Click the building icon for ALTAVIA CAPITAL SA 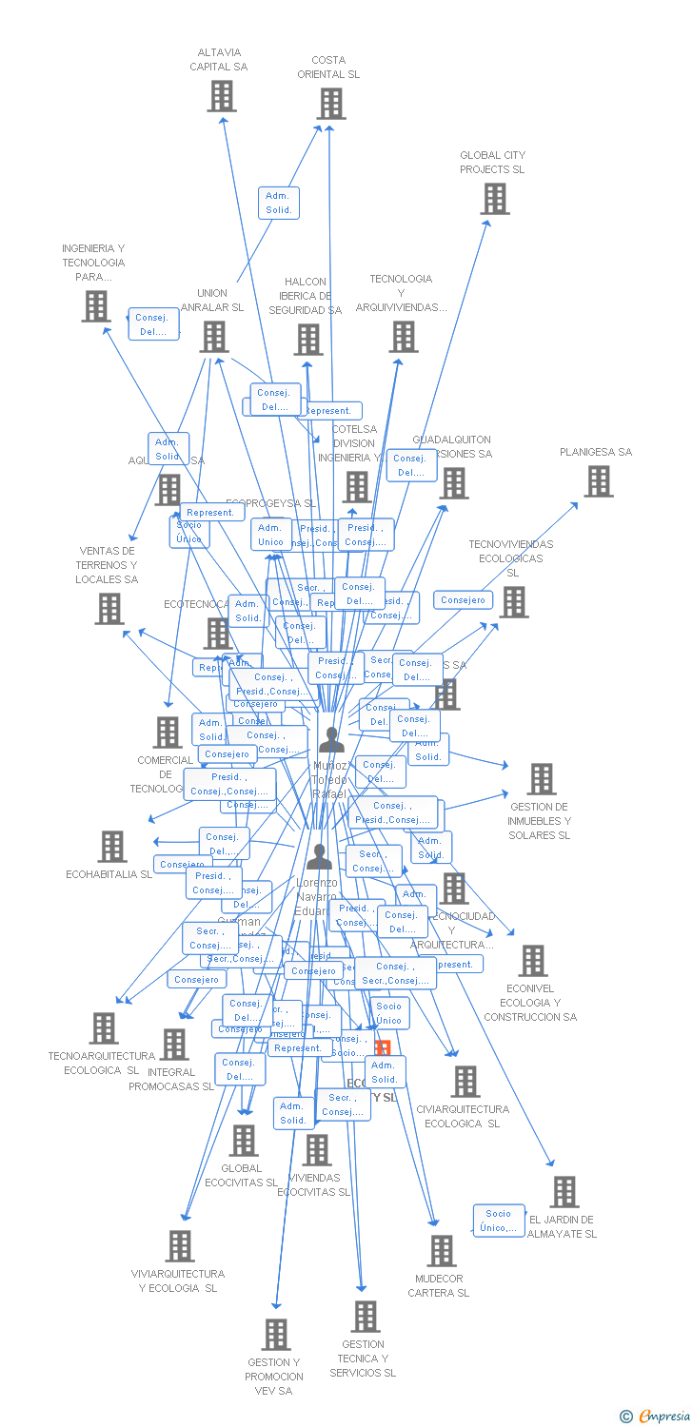tap(222, 96)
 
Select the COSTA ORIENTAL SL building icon tap(330, 104)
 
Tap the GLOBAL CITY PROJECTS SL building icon tap(494, 199)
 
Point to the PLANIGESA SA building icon tap(598, 481)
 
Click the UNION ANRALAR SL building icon tap(214, 337)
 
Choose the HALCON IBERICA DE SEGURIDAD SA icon tap(308, 340)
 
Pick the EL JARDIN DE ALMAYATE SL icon tap(564, 1192)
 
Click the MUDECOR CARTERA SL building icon tap(441, 1251)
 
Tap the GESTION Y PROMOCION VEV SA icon tap(276, 1335)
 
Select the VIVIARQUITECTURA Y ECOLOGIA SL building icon tap(180, 1246)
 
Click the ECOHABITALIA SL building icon tap(112, 847)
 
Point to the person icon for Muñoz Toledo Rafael tap(331, 739)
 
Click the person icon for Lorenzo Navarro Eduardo tap(319, 857)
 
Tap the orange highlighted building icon tap(382, 1048)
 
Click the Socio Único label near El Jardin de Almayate tap(499, 1221)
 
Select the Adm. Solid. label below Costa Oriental tap(279, 203)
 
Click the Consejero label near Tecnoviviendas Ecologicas tap(464, 600)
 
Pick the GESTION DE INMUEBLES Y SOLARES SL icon tap(541, 779)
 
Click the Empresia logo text tap(662, 1417)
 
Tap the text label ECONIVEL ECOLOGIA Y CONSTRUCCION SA tap(530, 1003)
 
